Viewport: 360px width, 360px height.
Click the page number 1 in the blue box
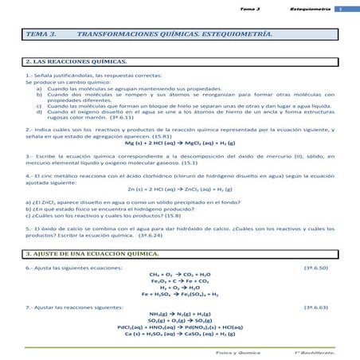pos(338,9)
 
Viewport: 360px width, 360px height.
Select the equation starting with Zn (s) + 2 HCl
pos(180,190)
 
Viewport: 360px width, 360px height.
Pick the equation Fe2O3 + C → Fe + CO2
pos(180,280)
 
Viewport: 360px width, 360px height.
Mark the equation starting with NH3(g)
pos(180,314)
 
